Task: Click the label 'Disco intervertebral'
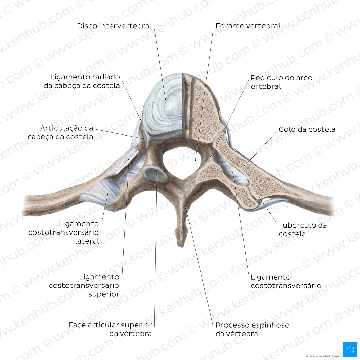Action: click(x=114, y=26)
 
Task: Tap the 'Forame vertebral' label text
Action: click(x=248, y=26)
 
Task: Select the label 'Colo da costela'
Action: click(x=307, y=129)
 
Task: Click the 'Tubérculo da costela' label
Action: click(x=303, y=229)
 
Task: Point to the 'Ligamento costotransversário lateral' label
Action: click(x=64, y=232)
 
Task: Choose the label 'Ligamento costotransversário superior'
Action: click(x=84, y=285)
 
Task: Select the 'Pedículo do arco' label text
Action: click(x=282, y=78)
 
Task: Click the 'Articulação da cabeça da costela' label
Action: click(x=60, y=132)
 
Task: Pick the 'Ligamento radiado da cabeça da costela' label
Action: click(x=82, y=81)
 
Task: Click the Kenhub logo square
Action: click(x=350, y=350)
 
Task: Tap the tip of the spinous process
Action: click(x=181, y=247)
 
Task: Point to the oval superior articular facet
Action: click(x=155, y=174)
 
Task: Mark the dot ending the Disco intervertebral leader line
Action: click(x=165, y=99)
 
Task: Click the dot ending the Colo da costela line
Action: click(x=245, y=166)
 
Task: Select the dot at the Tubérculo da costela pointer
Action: click(x=257, y=194)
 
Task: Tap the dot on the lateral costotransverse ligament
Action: click(x=108, y=194)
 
